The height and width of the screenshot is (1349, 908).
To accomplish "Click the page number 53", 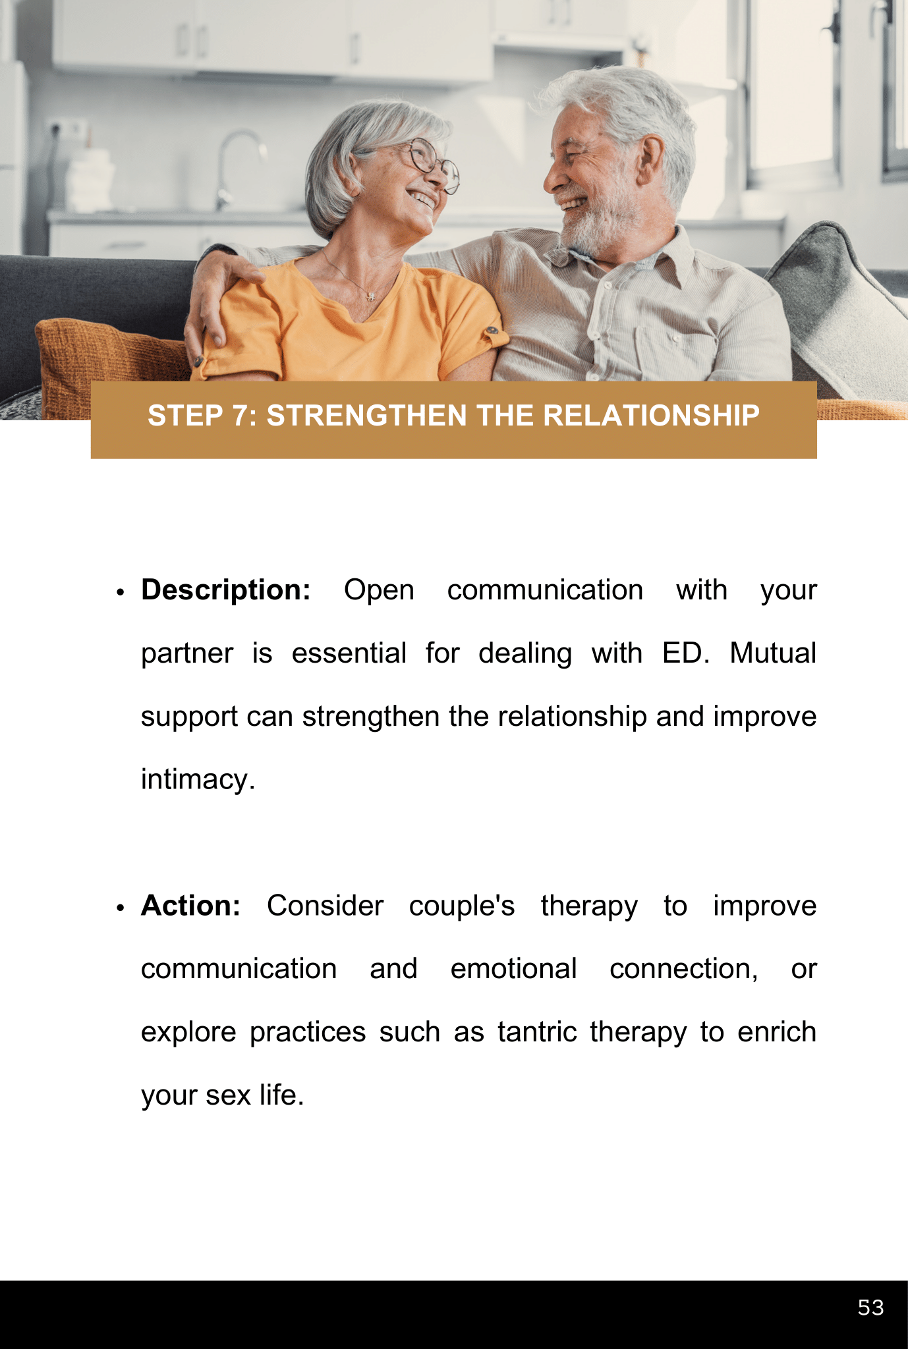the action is click(870, 1308).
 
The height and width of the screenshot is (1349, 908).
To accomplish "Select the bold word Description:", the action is click(226, 590).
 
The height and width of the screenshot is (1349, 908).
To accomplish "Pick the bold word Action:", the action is click(191, 906).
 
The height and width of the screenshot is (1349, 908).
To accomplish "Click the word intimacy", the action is click(198, 780).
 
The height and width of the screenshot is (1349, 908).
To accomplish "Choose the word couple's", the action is click(462, 906).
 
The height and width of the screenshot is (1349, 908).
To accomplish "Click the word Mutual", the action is click(773, 653).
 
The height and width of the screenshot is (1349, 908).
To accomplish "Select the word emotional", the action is click(513, 969).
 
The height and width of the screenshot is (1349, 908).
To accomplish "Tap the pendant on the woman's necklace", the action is click(370, 296).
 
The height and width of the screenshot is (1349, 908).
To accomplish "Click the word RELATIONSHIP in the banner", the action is click(652, 416).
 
